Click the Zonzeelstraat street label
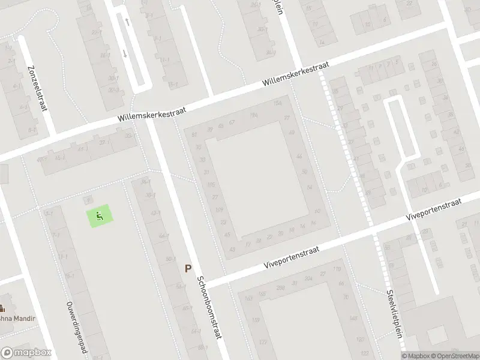coord(38,88)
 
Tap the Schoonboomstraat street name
coord(211,309)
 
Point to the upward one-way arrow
coord(127,22)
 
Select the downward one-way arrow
coord(125,53)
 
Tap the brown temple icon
coord(2,309)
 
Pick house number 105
coord(211,185)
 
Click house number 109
coord(219,210)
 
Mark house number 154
coord(277,103)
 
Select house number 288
coord(280,288)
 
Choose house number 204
coord(309,278)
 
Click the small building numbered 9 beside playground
coord(89,200)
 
